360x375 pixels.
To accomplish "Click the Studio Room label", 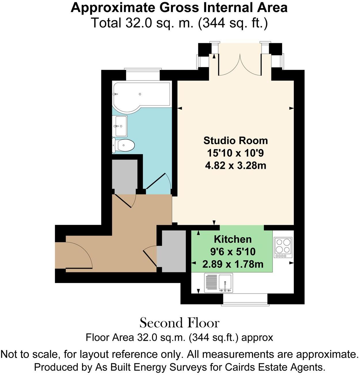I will pos(235,141).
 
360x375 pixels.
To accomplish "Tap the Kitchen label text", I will pos(233,239).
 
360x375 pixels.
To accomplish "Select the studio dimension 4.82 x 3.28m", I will pos(235,166).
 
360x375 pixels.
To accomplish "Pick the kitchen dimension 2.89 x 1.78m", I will pos(233,264).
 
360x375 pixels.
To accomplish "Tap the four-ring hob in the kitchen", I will pos(283,247).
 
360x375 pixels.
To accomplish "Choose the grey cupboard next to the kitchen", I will pos(174,251).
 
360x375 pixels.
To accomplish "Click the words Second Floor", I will pos(180,323).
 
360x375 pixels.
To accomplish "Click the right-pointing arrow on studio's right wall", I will pos(291,108).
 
